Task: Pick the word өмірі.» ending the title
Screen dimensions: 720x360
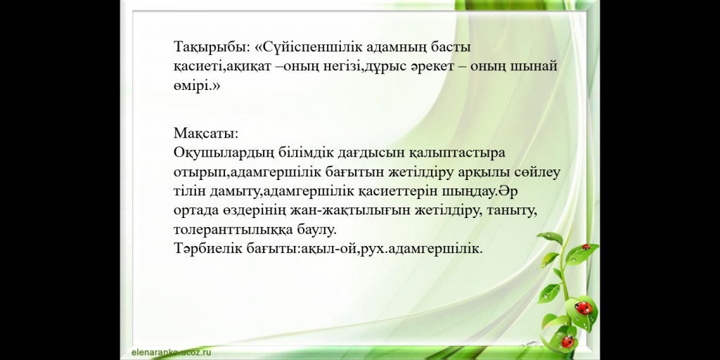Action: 197,86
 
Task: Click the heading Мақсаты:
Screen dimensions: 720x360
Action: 206,134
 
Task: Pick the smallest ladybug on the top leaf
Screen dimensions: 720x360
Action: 586,247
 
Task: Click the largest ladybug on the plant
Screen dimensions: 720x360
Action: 583,308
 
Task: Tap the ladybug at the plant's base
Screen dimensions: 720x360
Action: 568,341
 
